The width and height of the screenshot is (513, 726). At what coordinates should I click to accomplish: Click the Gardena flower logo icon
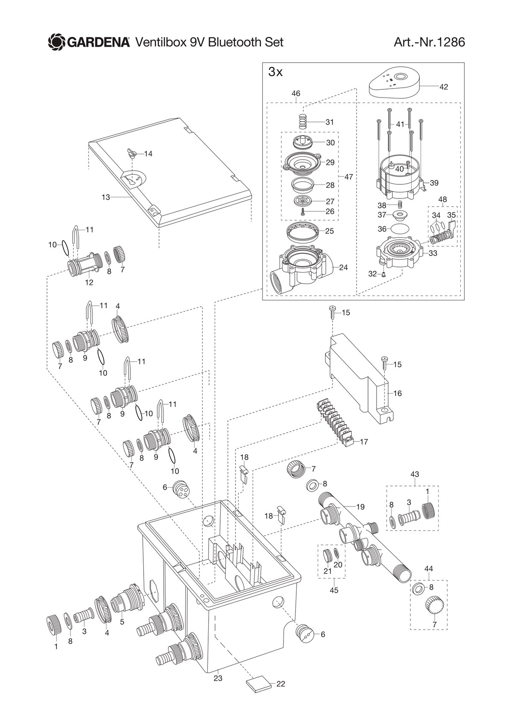pyautogui.click(x=57, y=42)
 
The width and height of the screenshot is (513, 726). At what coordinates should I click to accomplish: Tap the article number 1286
pyautogui.click(x=451, y=42)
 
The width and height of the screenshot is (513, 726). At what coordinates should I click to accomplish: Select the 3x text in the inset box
pyautogui.click(x=275, y=72)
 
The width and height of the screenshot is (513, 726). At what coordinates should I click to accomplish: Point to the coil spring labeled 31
pyautogui.click(x=303, y=122)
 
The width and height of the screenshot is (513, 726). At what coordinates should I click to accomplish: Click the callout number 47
pyautogui.click(x=348, y=177)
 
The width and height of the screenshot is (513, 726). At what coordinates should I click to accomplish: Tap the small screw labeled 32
pyautogui.click(x=383, y=274)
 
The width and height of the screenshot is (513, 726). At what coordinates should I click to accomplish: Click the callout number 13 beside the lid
pyautogui.click(x=106, y=197)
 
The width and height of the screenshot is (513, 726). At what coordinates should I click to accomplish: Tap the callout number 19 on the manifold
pyautogui.click(x=360, y=507)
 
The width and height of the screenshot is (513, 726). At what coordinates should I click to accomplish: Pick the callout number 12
pyautogui.click(x=89, y=282)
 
